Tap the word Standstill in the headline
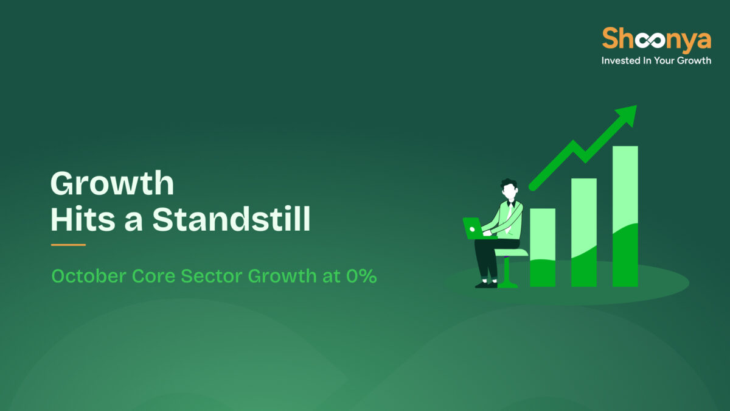coord(231,219)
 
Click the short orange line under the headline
coord(68,245)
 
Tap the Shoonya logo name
coord(656,40)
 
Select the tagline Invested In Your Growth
coord(656,61)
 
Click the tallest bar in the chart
coord(625,216)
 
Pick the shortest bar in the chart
coord(542,247)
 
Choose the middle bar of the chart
coord(583,232)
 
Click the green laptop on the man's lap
coord(473,228)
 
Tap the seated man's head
coord(509,189)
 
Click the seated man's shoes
coord(486,284)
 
